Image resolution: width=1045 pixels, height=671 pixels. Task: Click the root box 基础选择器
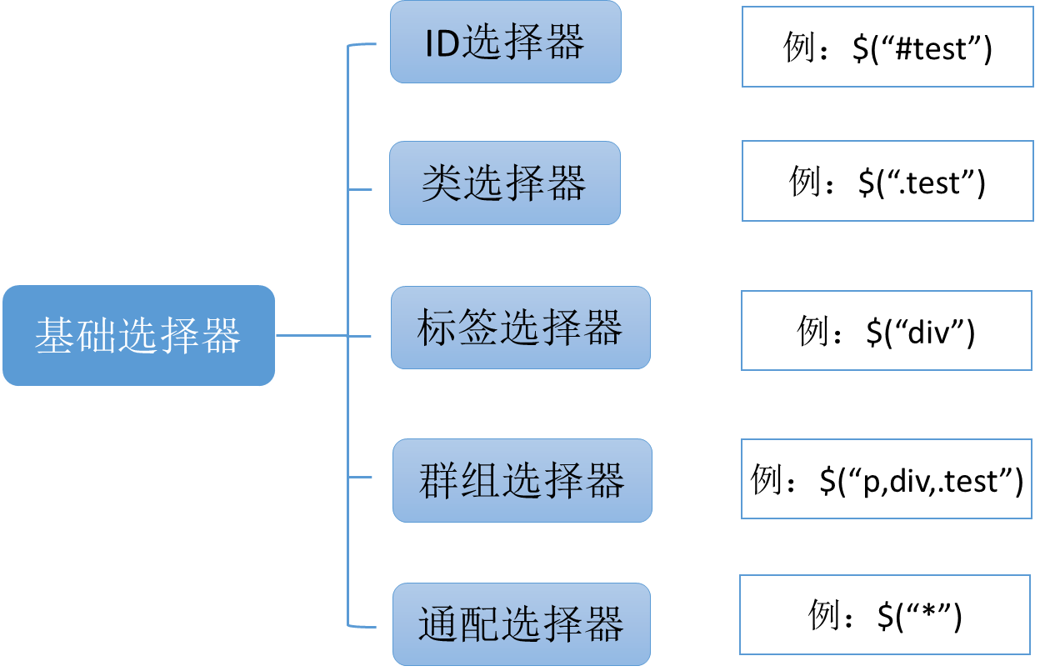pos(138,335)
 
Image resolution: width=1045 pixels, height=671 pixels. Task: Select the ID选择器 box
pos(505,42)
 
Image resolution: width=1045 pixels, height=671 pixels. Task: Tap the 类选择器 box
pos(505,183)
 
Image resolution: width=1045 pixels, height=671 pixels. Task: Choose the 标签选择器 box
pos(520,328)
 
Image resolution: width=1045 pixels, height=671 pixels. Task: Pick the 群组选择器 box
pos(522,480)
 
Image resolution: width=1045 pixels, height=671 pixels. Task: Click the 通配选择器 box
pos(521,623)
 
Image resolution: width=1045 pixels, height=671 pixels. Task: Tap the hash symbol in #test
pos(905,48)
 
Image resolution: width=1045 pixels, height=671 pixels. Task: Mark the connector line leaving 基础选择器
pos(311,336)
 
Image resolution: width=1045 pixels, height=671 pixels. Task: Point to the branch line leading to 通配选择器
pos(363,625)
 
